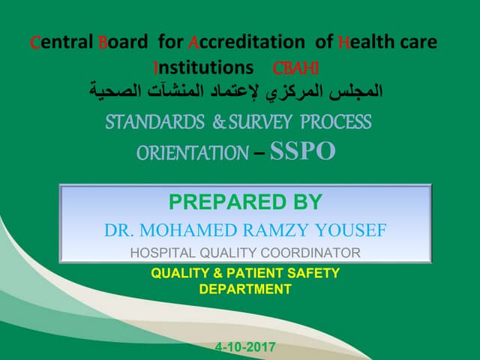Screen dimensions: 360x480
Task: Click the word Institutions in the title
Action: click(202, 67)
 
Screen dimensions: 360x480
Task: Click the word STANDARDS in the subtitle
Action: click(154, 121)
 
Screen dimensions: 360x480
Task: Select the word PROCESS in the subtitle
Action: click(336, 121)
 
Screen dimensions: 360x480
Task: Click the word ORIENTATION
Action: click(192, 153)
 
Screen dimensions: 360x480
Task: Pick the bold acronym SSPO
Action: click(302, 151)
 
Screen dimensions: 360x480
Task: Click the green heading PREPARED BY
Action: click(245, 202)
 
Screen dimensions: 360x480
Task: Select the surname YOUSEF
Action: click(351, 230)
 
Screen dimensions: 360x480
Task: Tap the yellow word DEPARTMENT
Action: click(245, 288)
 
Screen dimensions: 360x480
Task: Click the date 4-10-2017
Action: click(245, 347)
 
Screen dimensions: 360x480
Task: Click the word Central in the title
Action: click(61, 42)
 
